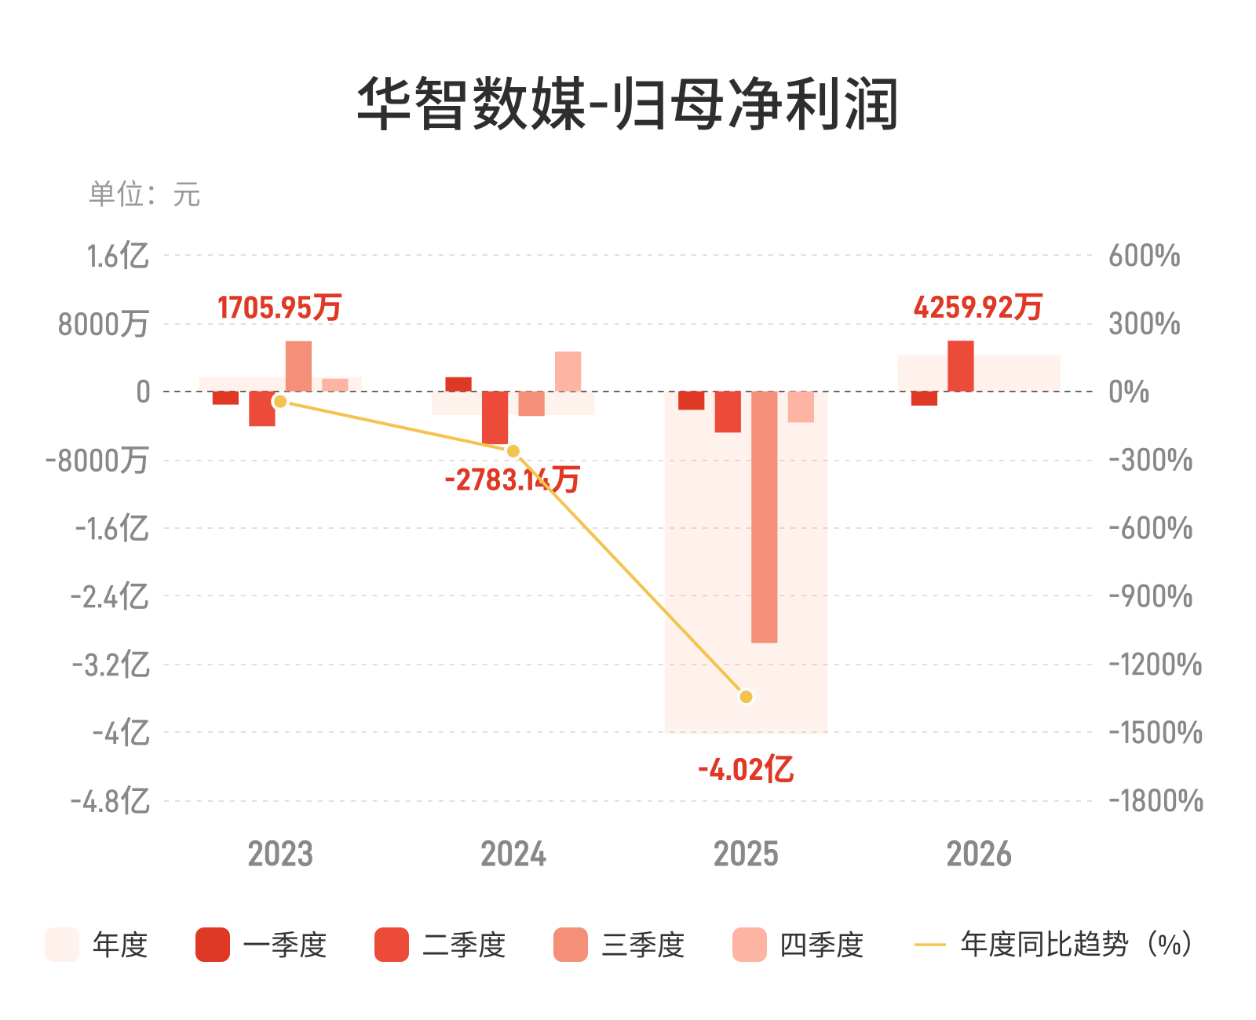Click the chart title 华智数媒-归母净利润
627,104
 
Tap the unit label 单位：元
144,194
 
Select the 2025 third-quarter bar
765,517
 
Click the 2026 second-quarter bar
961,366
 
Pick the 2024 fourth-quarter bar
568,371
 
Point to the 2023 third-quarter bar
298,366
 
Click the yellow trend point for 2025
746,697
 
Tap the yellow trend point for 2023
280,401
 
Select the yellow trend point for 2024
513,451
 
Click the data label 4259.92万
978,307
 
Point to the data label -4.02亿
746,770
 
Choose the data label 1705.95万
279,308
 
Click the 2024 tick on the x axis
513,854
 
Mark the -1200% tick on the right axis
1156,665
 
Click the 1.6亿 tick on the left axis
118,257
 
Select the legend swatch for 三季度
570,945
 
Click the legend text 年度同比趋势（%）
1076,944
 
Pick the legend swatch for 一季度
212,945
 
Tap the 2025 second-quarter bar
728,412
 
